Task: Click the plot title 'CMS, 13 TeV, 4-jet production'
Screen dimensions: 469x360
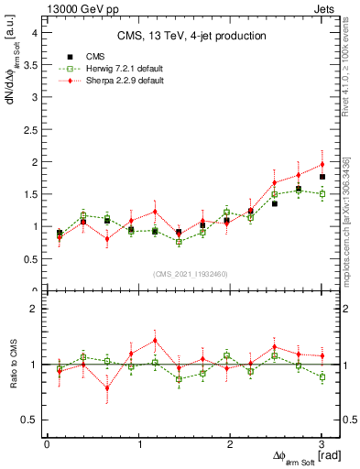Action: [192, 36]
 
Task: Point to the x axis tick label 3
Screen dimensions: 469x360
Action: [322, 444]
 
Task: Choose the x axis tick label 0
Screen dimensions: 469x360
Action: [47, 444]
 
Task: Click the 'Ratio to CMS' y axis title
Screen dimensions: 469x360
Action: [12, 365]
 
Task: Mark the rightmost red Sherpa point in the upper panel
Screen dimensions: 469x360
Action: [322, 164]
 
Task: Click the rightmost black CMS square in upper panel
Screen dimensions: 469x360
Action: [322, 176]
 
